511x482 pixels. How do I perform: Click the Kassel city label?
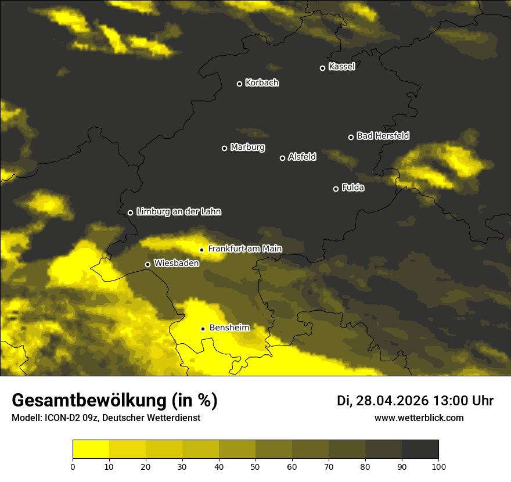[x=341, y=67]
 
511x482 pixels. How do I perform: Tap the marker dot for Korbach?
[x=239, y=84]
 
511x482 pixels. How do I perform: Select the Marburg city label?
[x=247, y=148]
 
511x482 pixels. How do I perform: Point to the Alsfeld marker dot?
[x=282, y=158]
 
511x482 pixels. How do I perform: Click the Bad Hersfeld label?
[x=383, y=136]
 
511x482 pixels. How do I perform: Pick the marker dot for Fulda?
[x=336, y=189]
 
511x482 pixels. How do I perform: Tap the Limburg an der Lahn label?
[x=178, y=212]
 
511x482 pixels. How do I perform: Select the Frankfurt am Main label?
[x=244, y=249]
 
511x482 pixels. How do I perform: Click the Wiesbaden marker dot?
[x=147, y=264]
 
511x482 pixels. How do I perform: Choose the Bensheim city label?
[x=229, y=328]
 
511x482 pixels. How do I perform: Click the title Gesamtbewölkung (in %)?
[x=114, y=401]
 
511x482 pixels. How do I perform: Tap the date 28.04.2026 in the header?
[x=391, y=401]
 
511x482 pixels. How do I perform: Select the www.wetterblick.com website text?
[x=419, y=418]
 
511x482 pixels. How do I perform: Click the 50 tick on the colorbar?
[x=255, y=466]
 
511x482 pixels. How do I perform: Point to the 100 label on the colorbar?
[x=438, y=466]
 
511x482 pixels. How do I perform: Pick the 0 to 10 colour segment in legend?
[x=91, y=449]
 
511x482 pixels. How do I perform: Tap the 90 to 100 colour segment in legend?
[x=420, y=449]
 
